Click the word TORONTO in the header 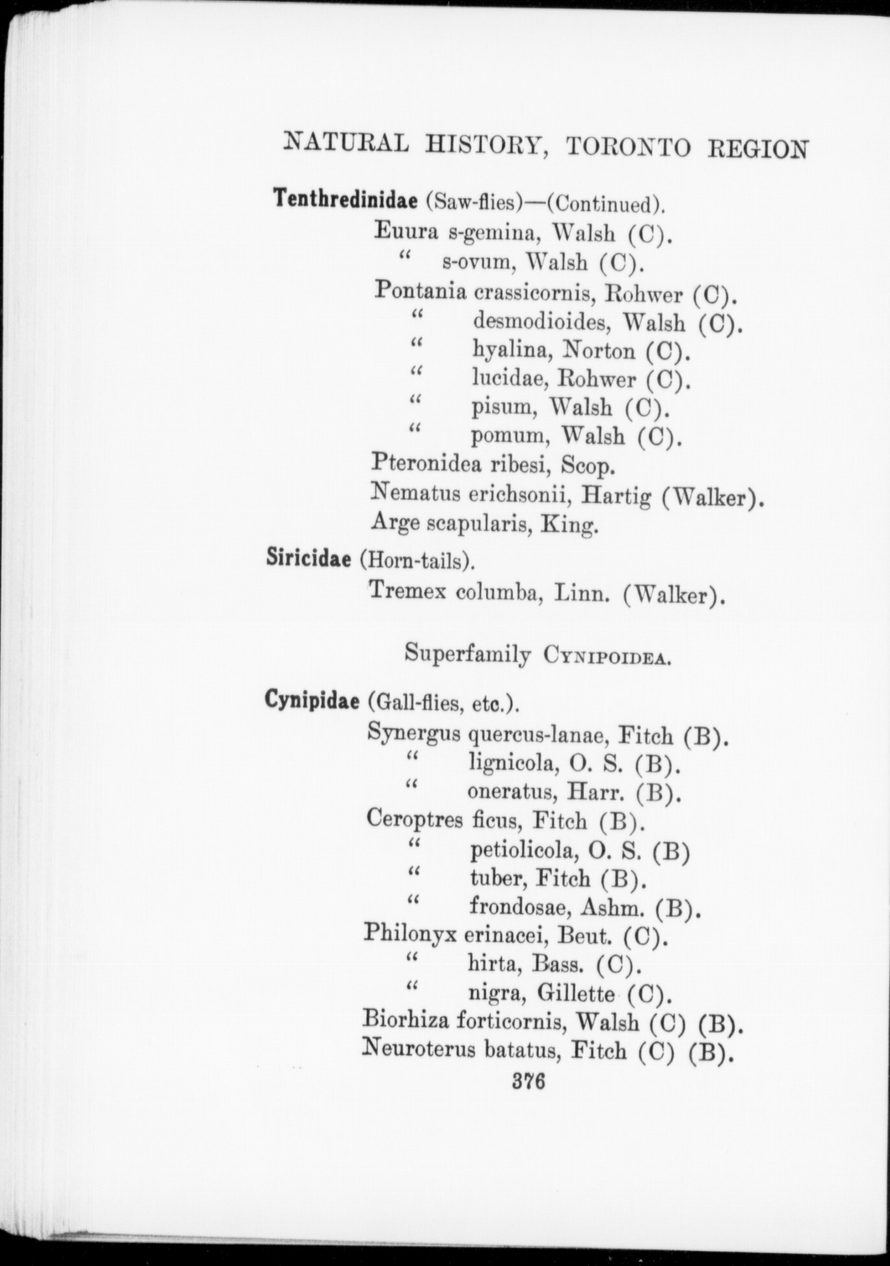pyautogui.click(x=628, y=147)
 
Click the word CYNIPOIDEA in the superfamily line pyautogui.click(x=607, y=656)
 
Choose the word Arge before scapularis pyautogui.click(x=395, y=523)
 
